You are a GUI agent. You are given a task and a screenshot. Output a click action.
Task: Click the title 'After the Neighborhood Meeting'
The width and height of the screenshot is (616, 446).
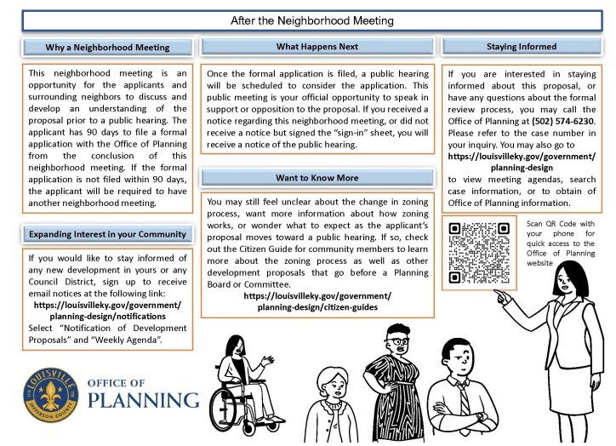[308, 18]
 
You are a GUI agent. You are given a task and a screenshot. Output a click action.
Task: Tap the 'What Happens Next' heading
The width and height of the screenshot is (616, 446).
[317, 47]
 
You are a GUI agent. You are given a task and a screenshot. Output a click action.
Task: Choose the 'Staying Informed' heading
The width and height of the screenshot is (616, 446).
[522, 47]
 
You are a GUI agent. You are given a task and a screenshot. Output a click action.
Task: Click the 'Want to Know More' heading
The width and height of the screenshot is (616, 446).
[317, 178]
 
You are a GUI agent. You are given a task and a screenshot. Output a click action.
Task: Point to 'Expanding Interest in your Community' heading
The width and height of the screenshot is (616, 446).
[107, 234]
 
